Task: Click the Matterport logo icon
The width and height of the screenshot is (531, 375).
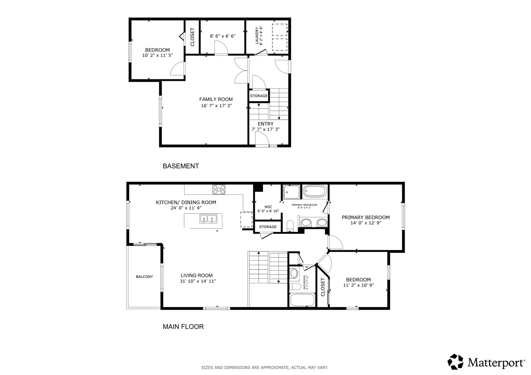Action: click(455, 361)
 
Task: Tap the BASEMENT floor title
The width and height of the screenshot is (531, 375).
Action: click(180, 166)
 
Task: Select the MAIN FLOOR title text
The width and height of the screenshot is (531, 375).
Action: click(183, 326)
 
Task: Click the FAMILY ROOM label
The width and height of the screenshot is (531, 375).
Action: click(216, 99)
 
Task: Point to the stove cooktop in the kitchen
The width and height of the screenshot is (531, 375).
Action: click(219, 189)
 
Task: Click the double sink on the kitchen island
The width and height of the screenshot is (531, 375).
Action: click(208, 219)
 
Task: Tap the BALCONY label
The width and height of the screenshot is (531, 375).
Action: click(144, 276)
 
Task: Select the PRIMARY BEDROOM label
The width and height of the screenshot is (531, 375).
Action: click(365, 217)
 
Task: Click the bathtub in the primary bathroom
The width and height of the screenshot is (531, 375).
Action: click(315, 191)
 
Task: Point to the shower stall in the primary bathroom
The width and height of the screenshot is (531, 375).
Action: click(291, 192)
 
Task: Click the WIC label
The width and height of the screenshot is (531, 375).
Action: click(268, 207)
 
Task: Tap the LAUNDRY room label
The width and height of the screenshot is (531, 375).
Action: click(257, 35)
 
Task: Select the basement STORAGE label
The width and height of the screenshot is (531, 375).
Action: click(259, 96)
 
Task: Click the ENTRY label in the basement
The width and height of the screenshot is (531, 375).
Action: click(266, 124)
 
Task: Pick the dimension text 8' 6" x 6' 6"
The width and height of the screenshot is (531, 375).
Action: click(223, 36)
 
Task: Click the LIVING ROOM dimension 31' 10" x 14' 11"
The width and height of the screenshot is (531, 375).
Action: click(198, 281)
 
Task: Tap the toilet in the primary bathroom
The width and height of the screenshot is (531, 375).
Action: click(290, 225)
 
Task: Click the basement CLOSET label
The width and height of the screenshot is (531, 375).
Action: click(192, 37)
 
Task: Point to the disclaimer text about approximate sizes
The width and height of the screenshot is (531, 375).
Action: click(265, 368)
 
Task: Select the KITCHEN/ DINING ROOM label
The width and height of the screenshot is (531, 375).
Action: click(186, 202)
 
